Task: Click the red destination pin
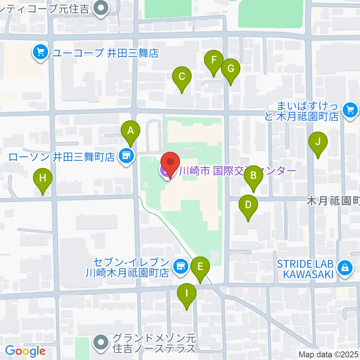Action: click(x=170, y=164)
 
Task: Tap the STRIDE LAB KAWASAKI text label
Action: click(x=305, y=269)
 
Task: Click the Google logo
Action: click(x=25, y=351)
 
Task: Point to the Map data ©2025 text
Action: click(x=328, y=354)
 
